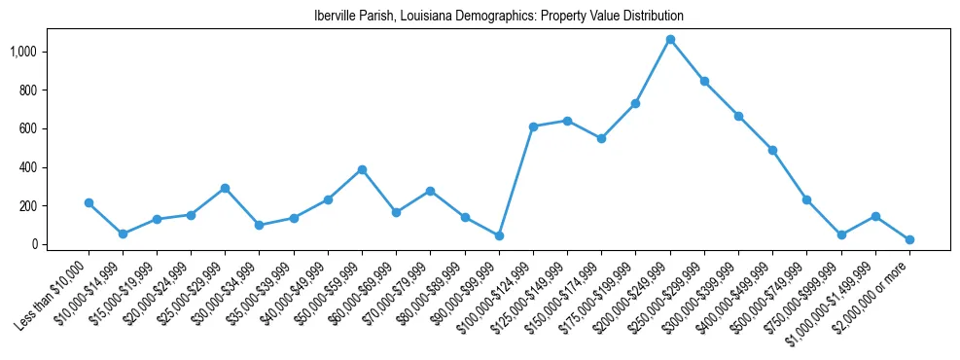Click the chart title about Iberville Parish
(499, 17)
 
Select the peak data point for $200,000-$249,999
(670, 40)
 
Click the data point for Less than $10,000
(89, 202)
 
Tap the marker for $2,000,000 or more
(909, 239)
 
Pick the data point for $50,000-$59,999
(362, 169)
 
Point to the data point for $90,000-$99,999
(499, 235)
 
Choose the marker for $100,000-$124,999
(533, 126)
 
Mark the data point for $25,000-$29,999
(225, 188)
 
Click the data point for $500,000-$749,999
(806, 199)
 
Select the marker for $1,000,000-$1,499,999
(875, 216)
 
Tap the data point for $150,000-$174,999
(601, 138)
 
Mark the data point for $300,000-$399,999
(738, 116)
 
